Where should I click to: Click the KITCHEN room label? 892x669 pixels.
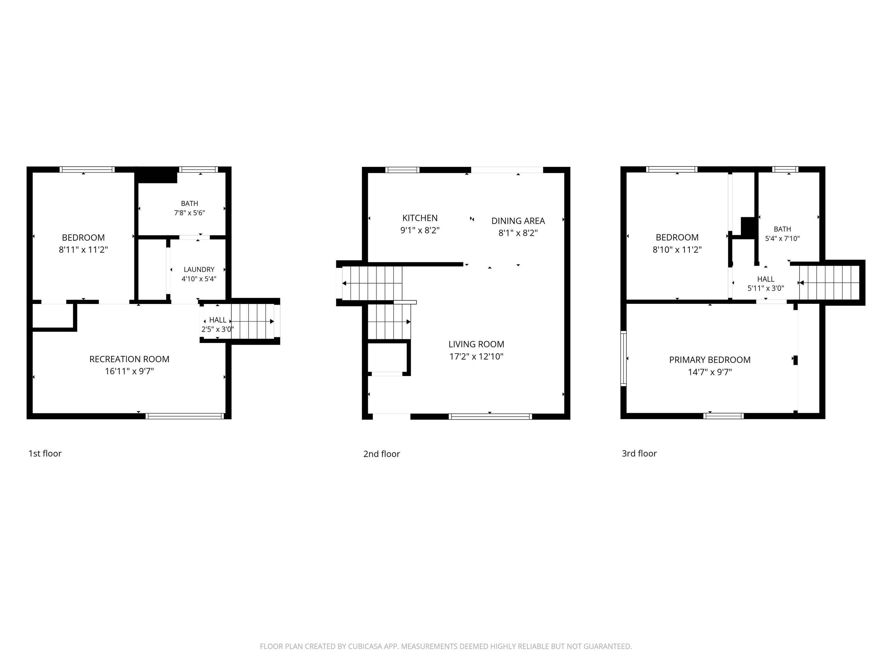[420, 218]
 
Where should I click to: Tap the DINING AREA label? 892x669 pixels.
[518, 221]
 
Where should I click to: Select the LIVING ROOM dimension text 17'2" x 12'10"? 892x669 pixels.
[476, 357]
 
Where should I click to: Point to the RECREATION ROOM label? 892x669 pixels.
[130, 359]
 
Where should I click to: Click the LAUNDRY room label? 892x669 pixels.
[199, 269]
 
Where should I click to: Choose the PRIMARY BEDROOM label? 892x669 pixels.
[710, 360]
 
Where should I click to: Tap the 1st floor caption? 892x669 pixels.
[45, 453]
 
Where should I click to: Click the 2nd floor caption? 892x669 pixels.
[382, 454]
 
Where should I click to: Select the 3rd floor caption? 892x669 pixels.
[639, 453]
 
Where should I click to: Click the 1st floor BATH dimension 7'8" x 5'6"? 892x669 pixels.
[190, 213]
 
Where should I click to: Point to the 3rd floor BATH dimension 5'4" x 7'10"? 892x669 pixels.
[782, 238]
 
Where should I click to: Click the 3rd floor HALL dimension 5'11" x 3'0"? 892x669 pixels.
[766, 288]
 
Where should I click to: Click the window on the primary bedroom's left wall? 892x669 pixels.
[623, 359]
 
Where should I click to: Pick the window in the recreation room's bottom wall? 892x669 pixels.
[185, 416]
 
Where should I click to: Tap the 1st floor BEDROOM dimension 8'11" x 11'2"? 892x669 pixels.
[83, 250]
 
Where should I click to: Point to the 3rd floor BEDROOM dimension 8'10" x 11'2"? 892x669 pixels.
[677, 250]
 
